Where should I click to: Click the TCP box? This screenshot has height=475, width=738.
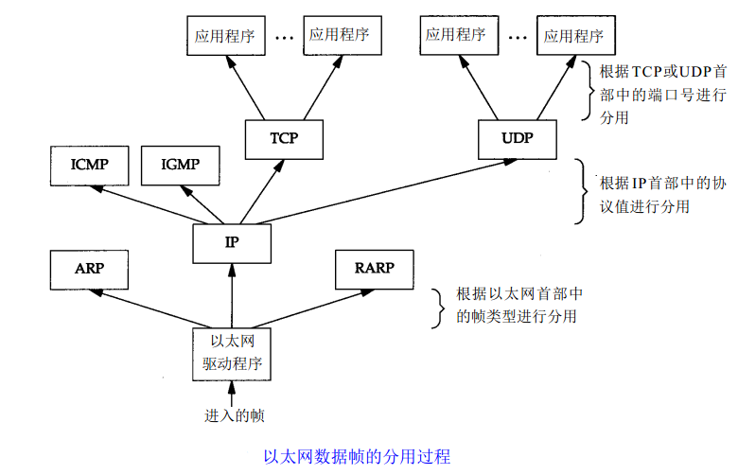pos(284,138)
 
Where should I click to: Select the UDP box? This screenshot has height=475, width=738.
pos(517,138)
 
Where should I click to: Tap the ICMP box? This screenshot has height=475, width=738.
pos(89,165)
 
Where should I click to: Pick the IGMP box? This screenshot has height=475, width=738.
pos(180,165)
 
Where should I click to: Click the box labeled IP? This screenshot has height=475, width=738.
pos(231,242)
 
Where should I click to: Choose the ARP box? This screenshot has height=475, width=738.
pos(89,269)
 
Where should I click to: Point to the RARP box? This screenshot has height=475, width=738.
pos(374,269)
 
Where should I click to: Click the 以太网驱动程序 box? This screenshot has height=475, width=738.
pos(231,353)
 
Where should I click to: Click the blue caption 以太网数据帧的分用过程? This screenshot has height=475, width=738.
pos(357,457)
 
